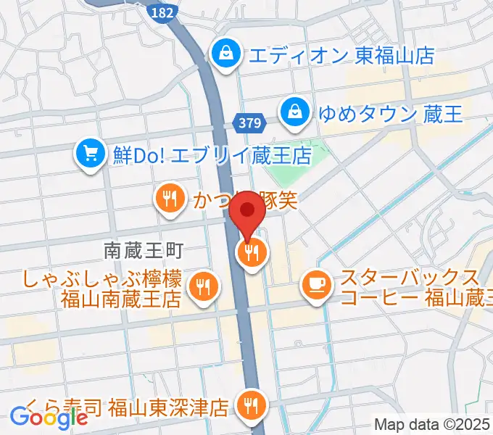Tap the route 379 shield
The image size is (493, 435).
(x=249, y=125)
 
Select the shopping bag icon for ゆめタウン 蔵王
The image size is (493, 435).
(x=296, y=111)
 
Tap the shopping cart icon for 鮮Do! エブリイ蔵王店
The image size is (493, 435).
(x=91, y=154)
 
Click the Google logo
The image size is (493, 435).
(x=49, y=418)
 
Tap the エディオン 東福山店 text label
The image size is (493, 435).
(x=341, y=54)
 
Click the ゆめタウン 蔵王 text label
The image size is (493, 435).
(x=390, y=113)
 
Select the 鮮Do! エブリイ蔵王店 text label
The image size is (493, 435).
(x=212, y=155)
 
